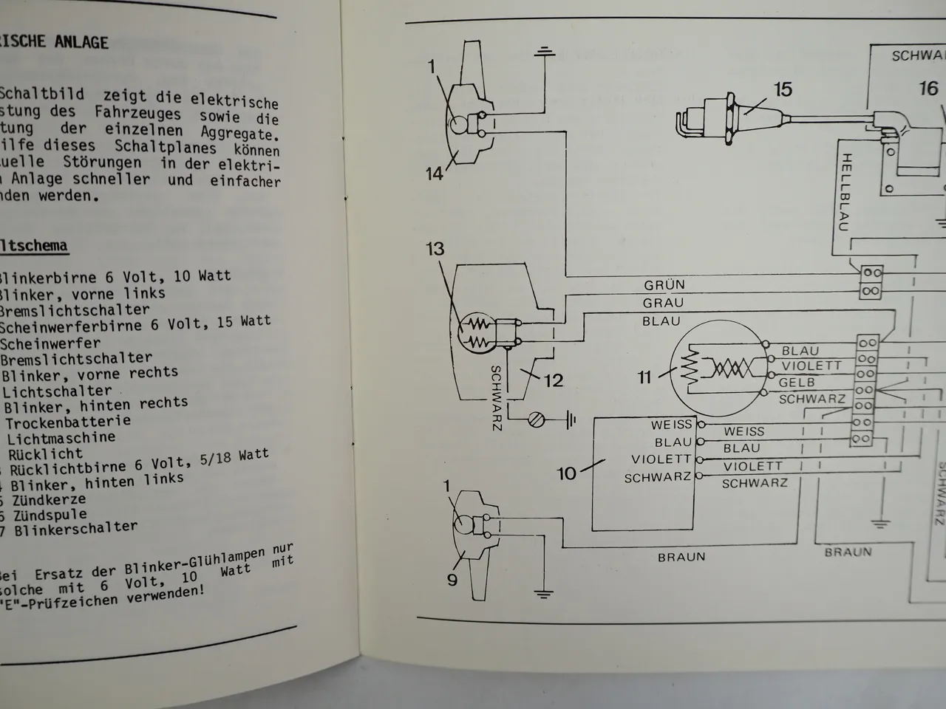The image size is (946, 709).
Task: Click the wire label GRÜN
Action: [664, 285]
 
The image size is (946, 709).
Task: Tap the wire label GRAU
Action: [664, 303]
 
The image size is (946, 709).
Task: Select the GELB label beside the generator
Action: [796, 383]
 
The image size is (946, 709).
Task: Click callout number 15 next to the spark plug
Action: [782, 90]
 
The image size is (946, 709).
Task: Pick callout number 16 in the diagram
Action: [928, 89]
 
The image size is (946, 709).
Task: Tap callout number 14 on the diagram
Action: [435, 174]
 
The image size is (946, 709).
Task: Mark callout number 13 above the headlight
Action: [435, 249]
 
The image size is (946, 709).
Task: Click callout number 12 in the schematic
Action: [553, 380]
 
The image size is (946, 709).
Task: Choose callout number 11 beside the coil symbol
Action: [644, 377]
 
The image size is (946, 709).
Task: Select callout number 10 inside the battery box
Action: [566, 473]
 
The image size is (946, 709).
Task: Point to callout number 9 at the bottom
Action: [452, 579]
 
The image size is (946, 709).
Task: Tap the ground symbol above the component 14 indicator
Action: [545, 52]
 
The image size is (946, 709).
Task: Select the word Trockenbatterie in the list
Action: [68, 422]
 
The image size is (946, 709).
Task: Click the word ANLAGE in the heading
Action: [81, 42]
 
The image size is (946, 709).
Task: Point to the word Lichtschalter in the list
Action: [57, 391]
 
